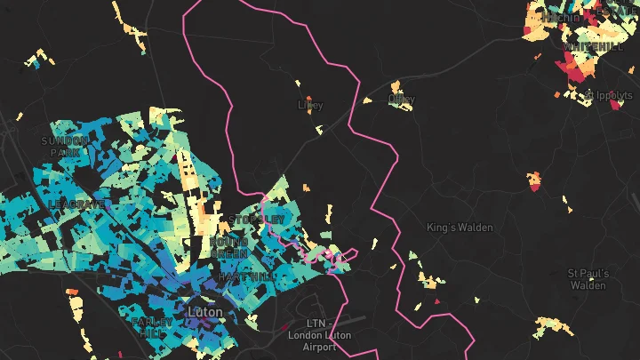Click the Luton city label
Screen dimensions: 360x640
[x=205, y=312]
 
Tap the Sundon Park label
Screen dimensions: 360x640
[x=65, y=147]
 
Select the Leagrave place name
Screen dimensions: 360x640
[x=77, y=204]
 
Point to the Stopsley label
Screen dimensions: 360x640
[x=256, y=220]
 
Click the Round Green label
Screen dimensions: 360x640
[x=229, y=247]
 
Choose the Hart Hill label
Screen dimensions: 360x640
[x=240, y=277]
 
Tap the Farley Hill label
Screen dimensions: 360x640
[x=147, y=326]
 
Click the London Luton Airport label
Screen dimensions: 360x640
[x=317, y=335]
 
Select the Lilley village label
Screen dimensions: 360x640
[x=310, y=105]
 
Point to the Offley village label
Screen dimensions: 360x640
[x=402, y=99]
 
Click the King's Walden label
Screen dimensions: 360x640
[x=459, y=228]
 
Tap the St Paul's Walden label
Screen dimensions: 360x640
[x=588, y=279]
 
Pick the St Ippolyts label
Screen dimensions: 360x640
[x=609, y=94]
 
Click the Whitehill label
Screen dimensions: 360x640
[x=592, y=46]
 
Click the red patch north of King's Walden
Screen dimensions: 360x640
[x=534, y=181]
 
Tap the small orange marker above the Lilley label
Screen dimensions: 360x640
[x=308, y=99]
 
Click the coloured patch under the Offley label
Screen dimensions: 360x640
[x=402, y=107]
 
